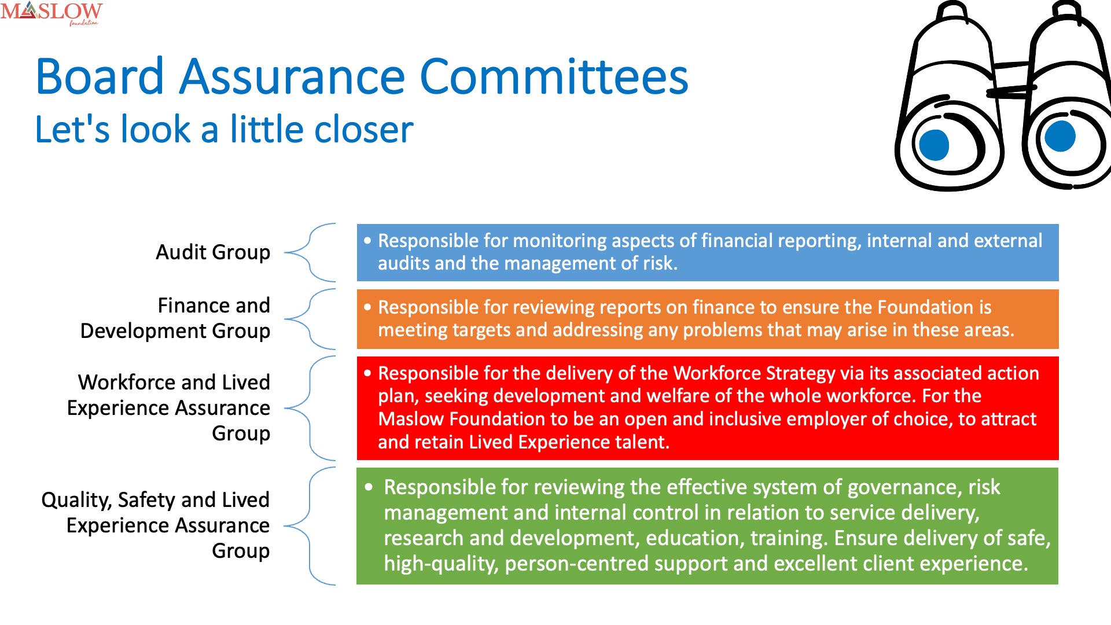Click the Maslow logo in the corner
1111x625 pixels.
tap(51, 13)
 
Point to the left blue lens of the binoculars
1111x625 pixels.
tap(934, 145)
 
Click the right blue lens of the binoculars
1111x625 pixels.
tap(1060, 136)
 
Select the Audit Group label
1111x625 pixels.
tap(213, 252)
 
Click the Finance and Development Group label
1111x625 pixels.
tap(175, 318)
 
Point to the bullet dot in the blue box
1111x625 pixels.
tap(367, 241)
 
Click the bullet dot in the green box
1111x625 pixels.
tap(369, 487)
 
